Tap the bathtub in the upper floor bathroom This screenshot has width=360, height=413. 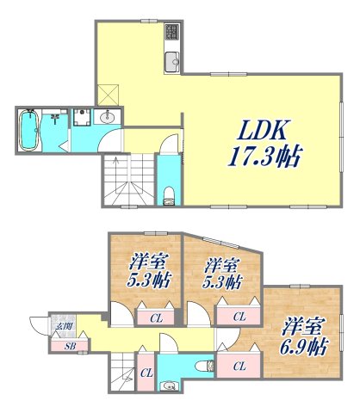(x=28, y=130)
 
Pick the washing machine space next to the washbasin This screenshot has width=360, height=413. (x=81, y=118)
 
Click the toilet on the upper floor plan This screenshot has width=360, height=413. (x=168, y=195)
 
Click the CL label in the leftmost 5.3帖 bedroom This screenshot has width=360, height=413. (x=157, y=317)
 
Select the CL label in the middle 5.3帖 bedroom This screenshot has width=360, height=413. (x=238, y=317)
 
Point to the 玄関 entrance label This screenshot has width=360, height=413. (x=65, y=326)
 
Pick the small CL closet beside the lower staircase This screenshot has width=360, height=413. (x=146, y=372)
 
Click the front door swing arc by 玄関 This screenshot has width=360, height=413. (x=39, y=326)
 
